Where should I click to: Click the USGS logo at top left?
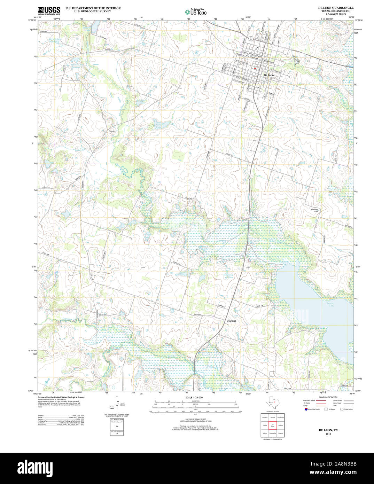point(49,10)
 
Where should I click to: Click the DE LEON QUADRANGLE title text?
point(335,8)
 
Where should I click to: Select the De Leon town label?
point(268,75)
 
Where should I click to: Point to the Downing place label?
point(231,321)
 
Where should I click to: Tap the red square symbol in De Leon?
point(255,69)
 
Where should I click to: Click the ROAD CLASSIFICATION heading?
point(326,397)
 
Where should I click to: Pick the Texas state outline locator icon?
point(271,403)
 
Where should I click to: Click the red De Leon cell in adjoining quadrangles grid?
point(273,425)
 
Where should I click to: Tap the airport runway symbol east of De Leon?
point(296,61)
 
